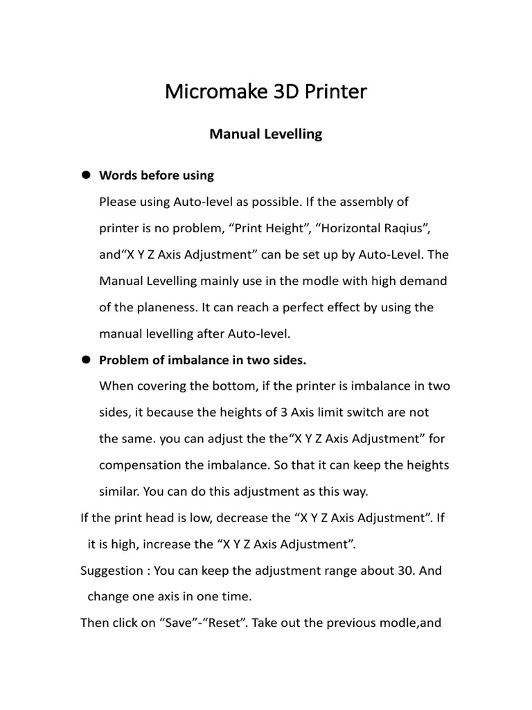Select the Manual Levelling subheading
point(266,135)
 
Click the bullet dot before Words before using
point(87,175)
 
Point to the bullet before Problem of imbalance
point(87,359)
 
